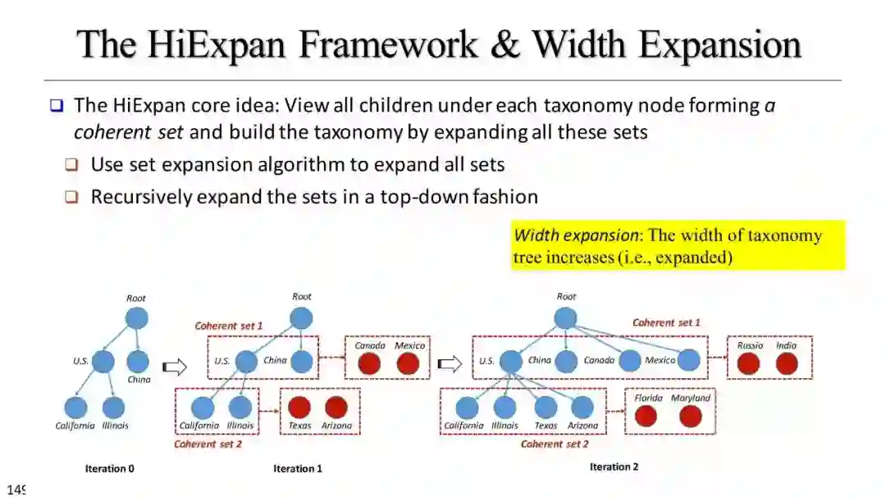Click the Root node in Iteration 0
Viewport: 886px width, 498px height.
[136, 318]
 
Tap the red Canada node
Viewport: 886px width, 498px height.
[370, 363]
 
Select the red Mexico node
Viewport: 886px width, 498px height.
[408, 363]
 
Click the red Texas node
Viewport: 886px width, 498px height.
[299, 407]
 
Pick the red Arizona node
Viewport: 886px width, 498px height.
[336, 407]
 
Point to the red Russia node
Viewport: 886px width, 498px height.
[748, 363]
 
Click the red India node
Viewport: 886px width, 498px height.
[787, 363]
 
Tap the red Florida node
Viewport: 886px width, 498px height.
[646, 416]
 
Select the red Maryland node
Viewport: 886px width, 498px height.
[691, 416]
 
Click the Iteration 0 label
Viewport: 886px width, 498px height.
[109, 469]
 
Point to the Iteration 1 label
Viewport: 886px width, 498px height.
[298, 469]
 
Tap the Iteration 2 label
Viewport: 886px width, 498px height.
[614, 467]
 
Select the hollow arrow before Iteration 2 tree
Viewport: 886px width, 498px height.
[449, 363]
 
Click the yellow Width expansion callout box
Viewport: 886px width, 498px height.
[678, 245]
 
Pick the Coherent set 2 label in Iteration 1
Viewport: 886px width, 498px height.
[208, 444]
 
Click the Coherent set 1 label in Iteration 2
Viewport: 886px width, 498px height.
[666, 322]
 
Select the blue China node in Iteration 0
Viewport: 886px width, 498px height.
[138, 361]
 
